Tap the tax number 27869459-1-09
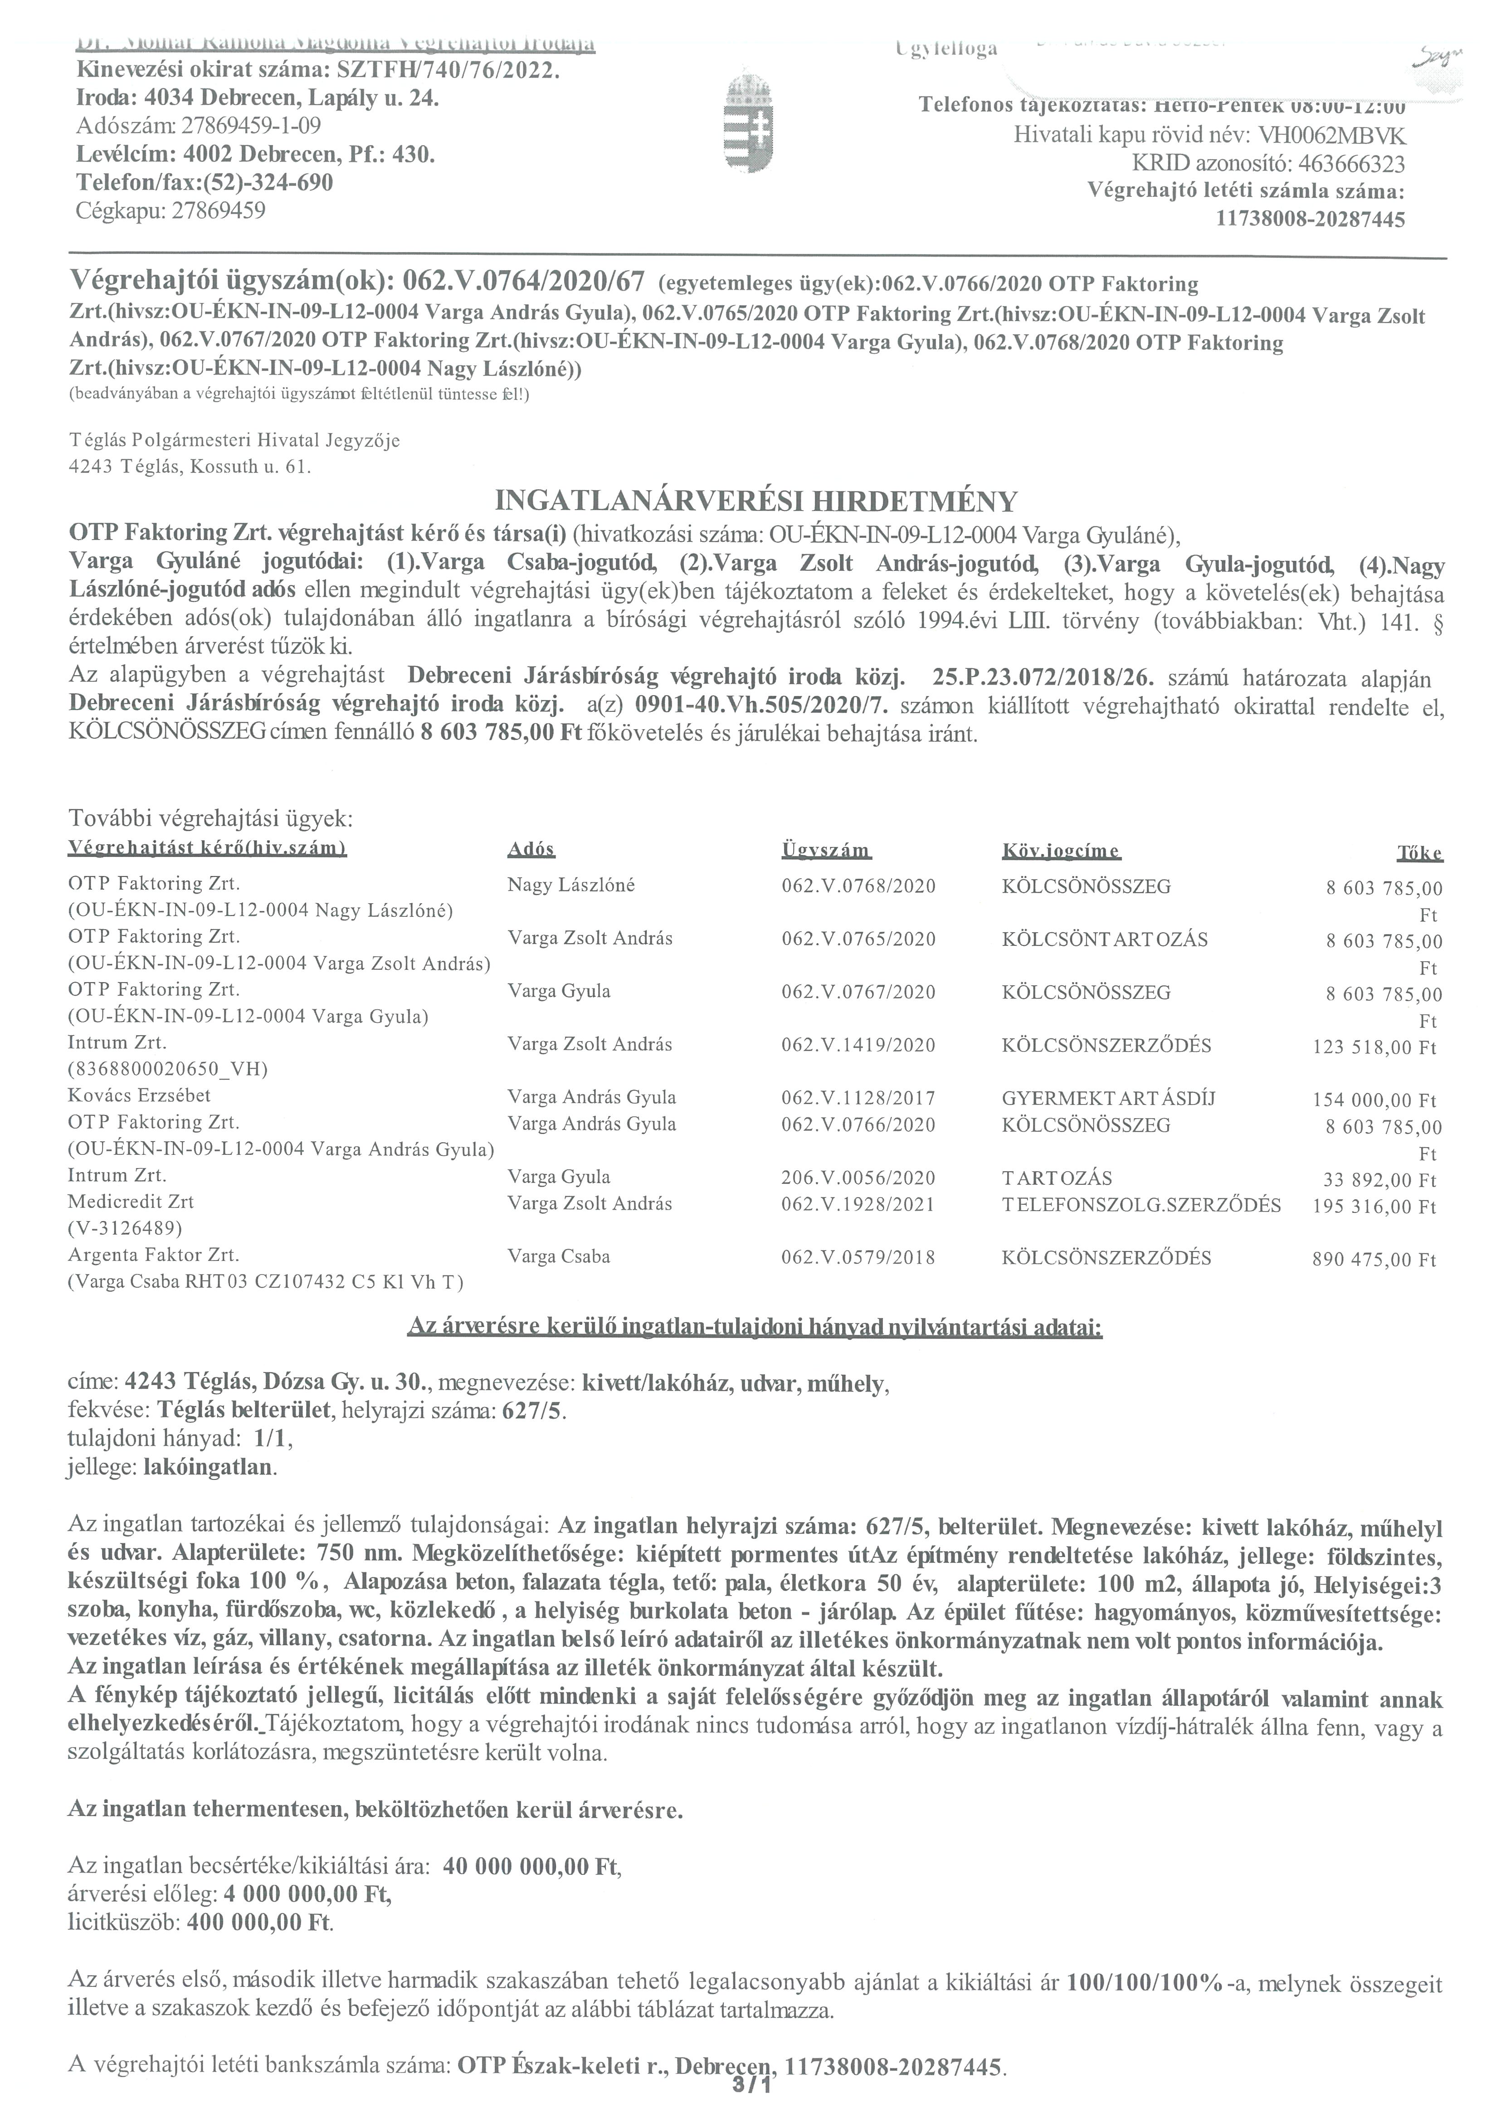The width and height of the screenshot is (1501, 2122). [251, 126]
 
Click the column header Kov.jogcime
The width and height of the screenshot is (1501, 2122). [1061, 850]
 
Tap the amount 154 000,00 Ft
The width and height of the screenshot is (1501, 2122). [1374, 1100]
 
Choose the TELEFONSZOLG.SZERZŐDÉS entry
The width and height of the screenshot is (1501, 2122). [1140, 1204]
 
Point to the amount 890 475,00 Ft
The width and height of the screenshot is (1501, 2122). [1374, 1259]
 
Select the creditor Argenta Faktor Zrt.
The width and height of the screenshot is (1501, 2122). [153, 1255]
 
